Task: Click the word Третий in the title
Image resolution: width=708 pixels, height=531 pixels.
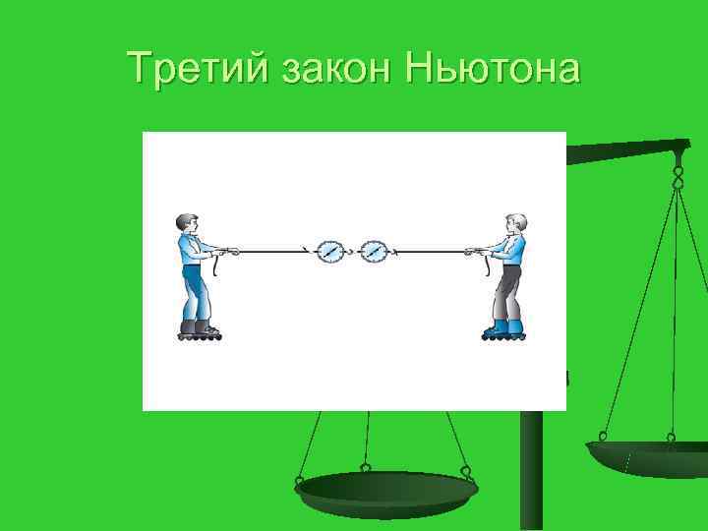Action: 198,70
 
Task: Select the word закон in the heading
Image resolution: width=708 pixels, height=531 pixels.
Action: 328,70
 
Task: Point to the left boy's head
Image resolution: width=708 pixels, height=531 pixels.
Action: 187,223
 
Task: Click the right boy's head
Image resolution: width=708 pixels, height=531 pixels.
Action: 515,224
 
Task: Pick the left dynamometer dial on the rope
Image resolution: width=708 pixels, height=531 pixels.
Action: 330,252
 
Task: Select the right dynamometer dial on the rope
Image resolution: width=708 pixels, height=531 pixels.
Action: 374,252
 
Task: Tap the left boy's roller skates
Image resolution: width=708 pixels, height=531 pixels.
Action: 200,330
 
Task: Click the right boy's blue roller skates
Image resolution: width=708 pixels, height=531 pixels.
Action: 503,329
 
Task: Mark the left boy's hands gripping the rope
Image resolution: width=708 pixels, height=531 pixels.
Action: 227,252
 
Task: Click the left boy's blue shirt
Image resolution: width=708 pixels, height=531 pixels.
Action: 193,252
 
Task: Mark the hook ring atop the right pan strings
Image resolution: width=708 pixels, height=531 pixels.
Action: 678,178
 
